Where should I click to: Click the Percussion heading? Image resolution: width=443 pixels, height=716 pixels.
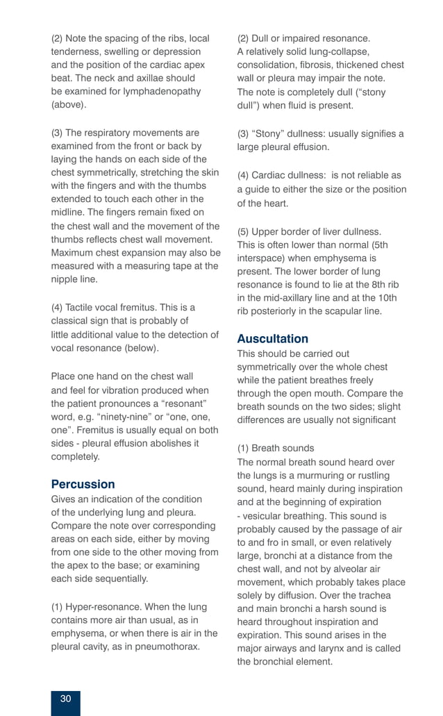pyautogui.click(x=83, y=484)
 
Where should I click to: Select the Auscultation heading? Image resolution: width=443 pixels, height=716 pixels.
pyautogui.click(x=272, y=339)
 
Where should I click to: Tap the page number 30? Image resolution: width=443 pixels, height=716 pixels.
pyautogui.click(x=65, y=699)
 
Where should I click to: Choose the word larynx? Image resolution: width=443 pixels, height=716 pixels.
pyautogui.click(x=333, y=649)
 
